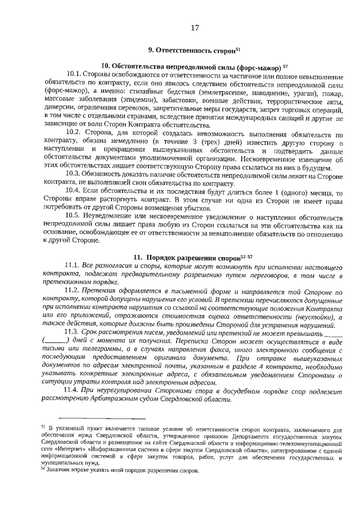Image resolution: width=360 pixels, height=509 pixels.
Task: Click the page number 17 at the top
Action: (195, 28)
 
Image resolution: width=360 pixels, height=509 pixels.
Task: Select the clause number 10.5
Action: (75, 216)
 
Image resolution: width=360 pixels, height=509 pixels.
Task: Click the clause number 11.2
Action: (74, 293)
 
